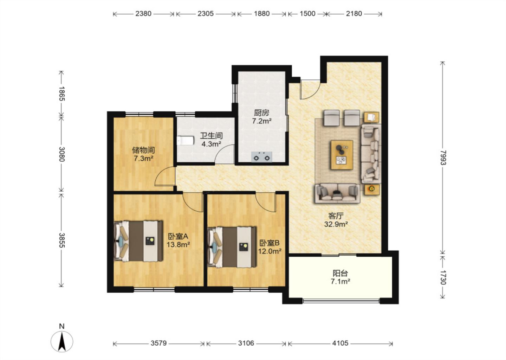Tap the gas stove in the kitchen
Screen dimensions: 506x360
[x=262, y=157]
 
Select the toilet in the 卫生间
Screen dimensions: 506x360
[x=186, y=140]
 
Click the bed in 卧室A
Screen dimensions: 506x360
[x=138, y=241]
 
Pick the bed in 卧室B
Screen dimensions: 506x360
[x=232, y=247]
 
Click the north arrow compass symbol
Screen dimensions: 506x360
[x=62, y=341]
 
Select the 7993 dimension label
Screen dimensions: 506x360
[x=443, y=158]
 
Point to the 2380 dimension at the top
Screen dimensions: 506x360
[x=143, y=14]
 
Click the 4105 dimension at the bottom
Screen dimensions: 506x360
[x=340, y=343]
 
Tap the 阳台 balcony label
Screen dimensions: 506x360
[x=340, y=274]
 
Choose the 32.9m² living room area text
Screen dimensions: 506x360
[x=336, y=224]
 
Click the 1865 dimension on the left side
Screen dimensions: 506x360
[x=62, y=94]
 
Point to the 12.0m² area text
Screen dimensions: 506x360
[x=270, y=251]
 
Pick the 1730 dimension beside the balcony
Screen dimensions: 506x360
[x=443, y=277]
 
